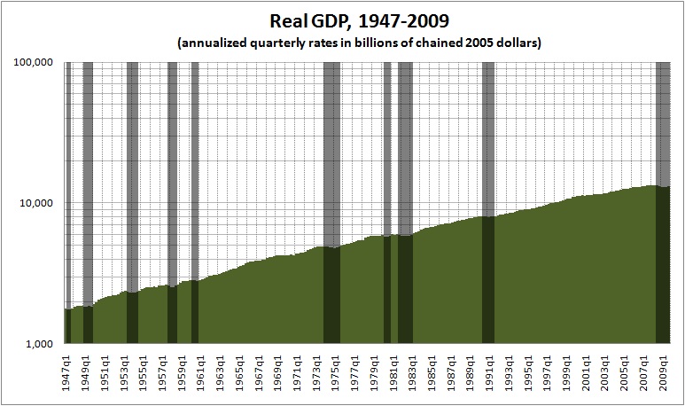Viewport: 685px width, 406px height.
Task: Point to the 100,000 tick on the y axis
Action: point(37,63)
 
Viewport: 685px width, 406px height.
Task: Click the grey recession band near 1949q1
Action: point(88,177)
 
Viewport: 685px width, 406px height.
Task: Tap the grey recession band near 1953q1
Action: point(132,177)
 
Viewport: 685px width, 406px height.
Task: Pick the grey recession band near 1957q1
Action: point(173,177)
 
